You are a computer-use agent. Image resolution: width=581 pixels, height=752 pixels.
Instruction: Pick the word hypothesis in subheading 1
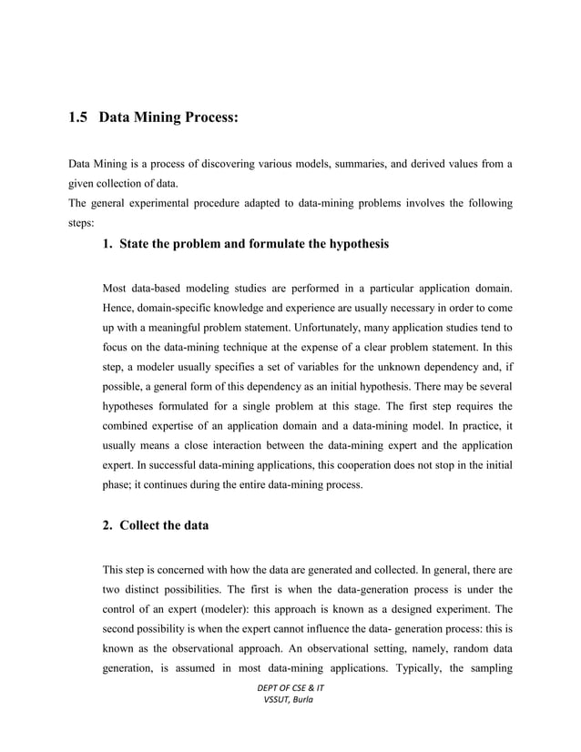pos(351,244)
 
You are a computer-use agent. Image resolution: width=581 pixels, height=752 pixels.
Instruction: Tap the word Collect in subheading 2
pos(143,526)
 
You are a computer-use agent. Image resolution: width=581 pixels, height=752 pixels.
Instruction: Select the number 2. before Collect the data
pos(108,526)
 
